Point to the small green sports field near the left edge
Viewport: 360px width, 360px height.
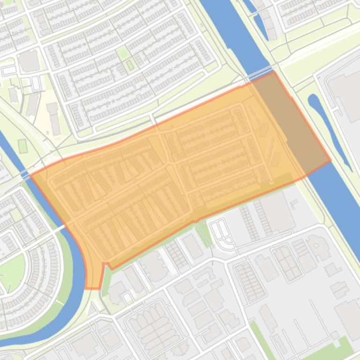pyautogui.click(x=22, y=146)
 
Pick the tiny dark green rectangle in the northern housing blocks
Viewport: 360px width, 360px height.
pyautogui.click(x=130, y=65)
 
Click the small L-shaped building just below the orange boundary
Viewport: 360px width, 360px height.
pyautogui.click(x=294, y=203)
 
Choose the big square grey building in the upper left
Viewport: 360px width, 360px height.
pyautogui.click(x=29, y=61)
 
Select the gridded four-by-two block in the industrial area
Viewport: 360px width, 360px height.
pyautogui.click(x=287, y=262)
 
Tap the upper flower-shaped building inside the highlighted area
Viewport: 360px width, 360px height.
pyautogui.click(x=264, y=129)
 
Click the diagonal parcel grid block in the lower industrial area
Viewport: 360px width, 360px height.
pyautogui.click(x=250, y=281)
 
